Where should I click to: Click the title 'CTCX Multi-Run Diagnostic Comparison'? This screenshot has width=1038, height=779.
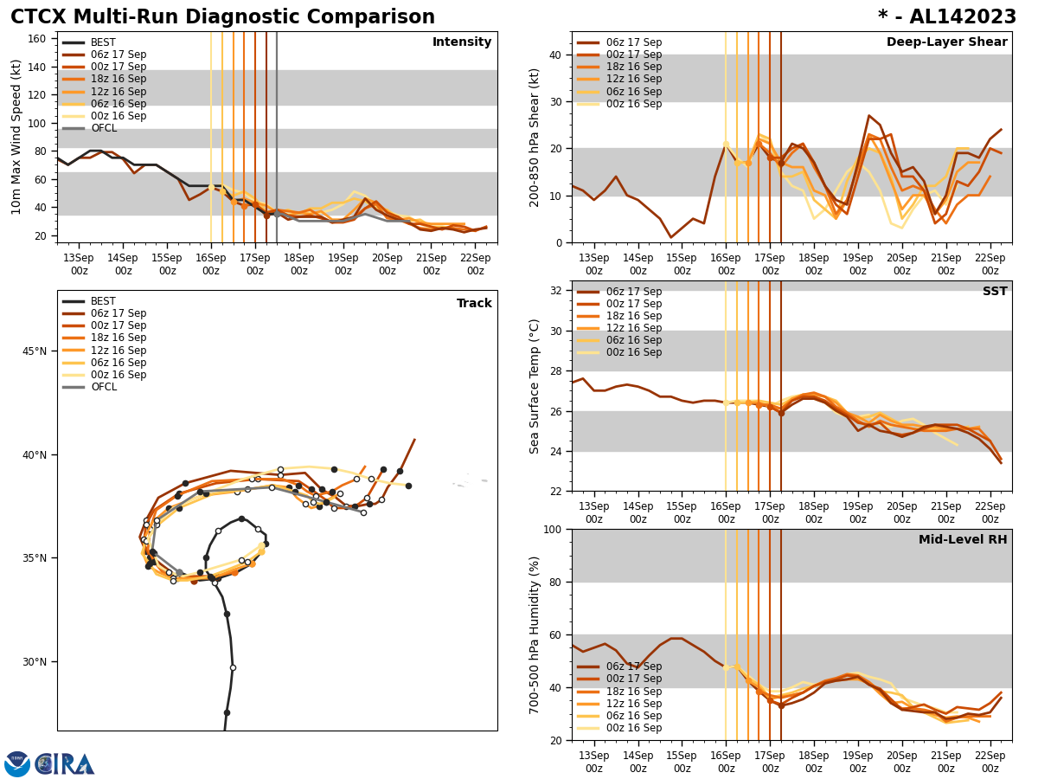(x=222, y=17)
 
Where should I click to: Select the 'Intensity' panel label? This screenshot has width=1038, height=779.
(x=462, y=42)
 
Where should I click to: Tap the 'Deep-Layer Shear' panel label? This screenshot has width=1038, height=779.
(x=946, y=42)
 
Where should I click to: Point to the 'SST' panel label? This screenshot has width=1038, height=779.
(x=995, y=292)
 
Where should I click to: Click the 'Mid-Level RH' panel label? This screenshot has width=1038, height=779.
(x=963, y=540)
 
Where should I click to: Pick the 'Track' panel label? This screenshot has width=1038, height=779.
(x=474, y=304)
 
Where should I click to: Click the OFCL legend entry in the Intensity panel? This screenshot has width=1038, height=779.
(x=103, y=128)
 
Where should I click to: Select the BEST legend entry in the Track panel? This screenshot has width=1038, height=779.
(x=103, y=301)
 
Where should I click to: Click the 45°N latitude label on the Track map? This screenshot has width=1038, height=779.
(x=35, y=351)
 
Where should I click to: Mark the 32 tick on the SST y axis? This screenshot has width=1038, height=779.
(x=559, y=291)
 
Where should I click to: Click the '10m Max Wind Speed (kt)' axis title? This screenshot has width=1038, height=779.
(x=16, y=137)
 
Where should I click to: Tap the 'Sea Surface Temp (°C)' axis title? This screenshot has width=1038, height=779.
(x=535, y=386)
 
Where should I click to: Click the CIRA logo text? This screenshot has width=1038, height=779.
(x=65, y=763)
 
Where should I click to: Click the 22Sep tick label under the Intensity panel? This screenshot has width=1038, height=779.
(x=476, y=263)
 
